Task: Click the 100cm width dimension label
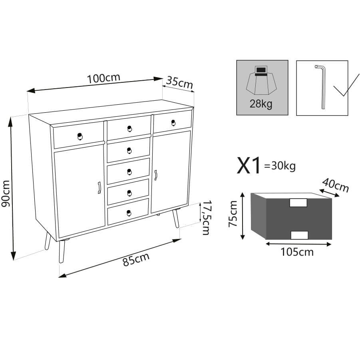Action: click(103, 78)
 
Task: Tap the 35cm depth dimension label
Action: click(179, 82)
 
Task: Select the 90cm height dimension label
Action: click(6, 193)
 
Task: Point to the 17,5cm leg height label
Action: click(206, 218)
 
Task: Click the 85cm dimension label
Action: click(136, 259)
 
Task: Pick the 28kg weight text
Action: click(261, 104)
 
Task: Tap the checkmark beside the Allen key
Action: click(346, 85)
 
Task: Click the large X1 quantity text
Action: click(249, 165)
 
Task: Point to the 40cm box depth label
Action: click(336, 185)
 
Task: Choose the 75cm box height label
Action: click(233, 214)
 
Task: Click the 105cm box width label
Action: click(297, 252)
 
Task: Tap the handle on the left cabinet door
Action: click(99, 187)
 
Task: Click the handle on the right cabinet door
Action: click(156, 175)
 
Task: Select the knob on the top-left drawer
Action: click(80, 136)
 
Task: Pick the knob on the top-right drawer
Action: click(173, 123)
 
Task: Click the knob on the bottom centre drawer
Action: click(129, 213)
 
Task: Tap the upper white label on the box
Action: click(298, 203)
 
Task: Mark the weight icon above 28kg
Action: click(261, 81)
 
